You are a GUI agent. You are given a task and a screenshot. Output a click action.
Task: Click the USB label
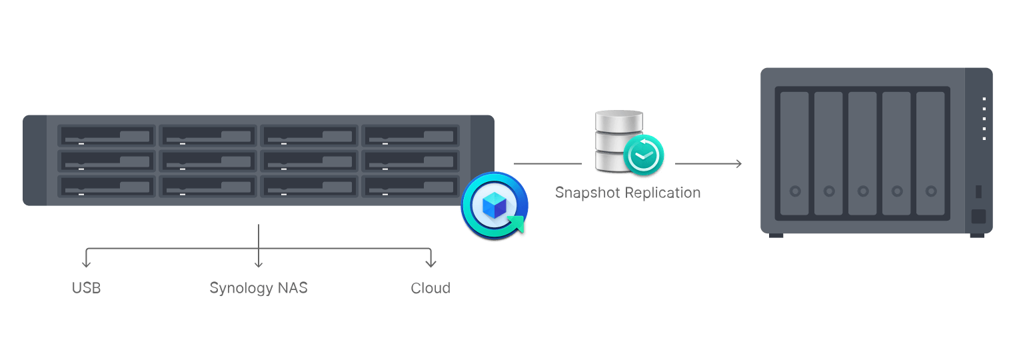(86, 288)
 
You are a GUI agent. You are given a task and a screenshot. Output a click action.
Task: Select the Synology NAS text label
(259, 288)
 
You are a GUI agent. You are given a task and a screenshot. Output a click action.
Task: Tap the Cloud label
(431, 288)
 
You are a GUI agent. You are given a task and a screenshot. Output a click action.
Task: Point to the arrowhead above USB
(86, 263)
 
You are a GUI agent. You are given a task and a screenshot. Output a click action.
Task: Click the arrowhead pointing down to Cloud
(431, 263)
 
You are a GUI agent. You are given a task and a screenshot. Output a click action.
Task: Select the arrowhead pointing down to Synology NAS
(259, 263)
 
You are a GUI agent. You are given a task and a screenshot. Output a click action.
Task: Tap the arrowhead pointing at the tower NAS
(738, 163)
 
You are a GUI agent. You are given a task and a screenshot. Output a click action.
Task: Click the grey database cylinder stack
(618, 137)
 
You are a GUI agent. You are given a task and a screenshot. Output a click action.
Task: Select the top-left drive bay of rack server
(107, 136)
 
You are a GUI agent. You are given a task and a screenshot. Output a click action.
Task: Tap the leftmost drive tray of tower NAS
(794, 153)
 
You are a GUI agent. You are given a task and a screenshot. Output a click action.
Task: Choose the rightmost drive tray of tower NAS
(930, 153)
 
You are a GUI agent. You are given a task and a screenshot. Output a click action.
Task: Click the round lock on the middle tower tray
(862, 191)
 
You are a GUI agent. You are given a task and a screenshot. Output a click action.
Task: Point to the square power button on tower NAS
(978, 217)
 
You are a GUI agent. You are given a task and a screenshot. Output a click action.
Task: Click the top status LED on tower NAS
(984, 99)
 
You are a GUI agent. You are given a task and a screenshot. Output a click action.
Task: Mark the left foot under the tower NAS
(776, 235)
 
